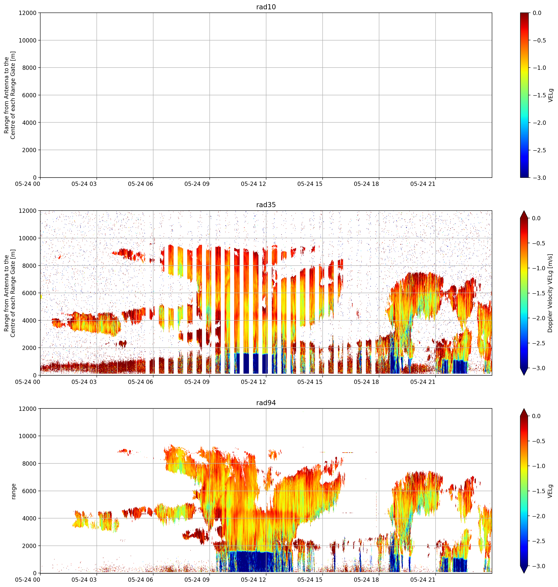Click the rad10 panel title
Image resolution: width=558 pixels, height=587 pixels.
point(266,7)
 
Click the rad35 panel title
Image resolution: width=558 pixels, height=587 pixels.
point(266,204)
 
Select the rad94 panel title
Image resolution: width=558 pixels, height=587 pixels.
point(266,403)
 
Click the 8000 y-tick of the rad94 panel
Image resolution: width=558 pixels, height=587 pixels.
point(29,464)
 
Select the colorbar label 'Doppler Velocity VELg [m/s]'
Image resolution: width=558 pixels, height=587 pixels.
point(550,293)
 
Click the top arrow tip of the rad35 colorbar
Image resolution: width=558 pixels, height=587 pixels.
point(524,211)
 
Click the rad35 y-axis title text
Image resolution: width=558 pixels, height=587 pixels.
point(10,293)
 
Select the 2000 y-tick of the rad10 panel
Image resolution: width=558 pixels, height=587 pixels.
point(29,150)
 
